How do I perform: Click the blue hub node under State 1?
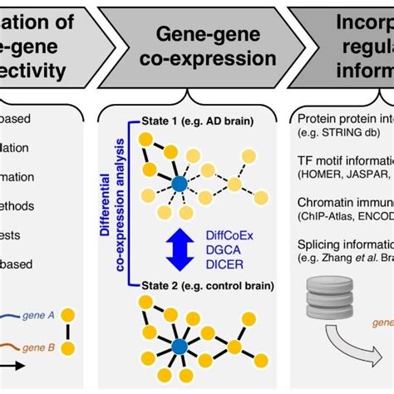pos(179,185)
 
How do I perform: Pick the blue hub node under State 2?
pos(179,344)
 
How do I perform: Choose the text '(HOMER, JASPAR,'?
pos(345,175)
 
